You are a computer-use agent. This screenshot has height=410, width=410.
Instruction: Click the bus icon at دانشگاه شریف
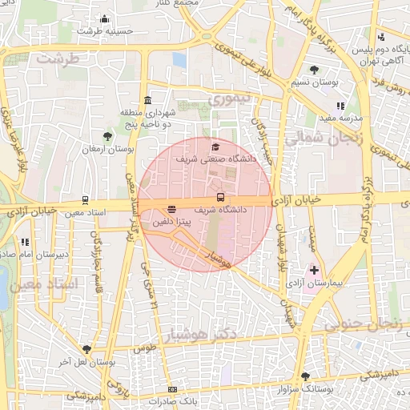[220, 198]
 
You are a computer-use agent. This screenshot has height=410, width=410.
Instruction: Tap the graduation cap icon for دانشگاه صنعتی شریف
[215, 147]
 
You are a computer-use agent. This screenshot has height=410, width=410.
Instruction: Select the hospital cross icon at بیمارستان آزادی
[314, 271]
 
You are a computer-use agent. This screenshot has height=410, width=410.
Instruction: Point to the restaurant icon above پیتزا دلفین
[172, 209]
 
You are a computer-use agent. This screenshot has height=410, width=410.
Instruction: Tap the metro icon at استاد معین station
[85, 200]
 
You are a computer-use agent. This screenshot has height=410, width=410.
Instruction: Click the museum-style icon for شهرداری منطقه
[147, 100]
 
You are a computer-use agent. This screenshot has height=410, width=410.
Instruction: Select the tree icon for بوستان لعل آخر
[86, 349]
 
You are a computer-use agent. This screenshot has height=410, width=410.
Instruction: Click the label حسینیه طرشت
[105, 32]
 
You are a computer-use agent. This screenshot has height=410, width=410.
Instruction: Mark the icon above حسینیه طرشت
[105, 19]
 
